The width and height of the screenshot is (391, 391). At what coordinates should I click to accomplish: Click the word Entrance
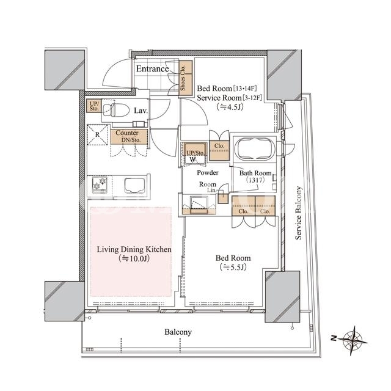152,68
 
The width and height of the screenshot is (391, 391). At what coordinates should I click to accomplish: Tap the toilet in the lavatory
116,110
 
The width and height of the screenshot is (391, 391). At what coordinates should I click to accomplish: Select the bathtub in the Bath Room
255,149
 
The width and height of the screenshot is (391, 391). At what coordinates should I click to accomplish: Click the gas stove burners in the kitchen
100,185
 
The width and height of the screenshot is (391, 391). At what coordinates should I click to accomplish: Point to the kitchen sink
135,186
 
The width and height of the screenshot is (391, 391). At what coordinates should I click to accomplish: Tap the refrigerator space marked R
97,134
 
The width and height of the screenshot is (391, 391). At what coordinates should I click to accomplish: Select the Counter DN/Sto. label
128,136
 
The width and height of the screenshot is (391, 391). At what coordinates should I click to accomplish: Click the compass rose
353,340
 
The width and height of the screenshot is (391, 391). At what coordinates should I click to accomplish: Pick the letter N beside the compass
334,338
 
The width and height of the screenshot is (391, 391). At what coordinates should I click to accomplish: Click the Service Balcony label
299,213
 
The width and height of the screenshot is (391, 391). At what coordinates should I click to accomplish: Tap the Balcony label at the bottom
178,332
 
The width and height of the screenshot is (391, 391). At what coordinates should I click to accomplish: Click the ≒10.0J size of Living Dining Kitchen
134,258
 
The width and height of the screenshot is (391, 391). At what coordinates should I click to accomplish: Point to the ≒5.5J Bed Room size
233,268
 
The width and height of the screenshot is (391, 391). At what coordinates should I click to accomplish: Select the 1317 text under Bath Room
255,180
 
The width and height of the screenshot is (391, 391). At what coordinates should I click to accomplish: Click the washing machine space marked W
193,159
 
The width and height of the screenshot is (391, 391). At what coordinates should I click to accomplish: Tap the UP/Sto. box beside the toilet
94,106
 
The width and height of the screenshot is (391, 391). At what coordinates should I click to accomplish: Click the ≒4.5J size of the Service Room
230,107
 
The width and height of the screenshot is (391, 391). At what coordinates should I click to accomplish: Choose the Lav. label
141,111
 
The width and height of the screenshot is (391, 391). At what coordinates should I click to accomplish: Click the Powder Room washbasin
199,205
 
